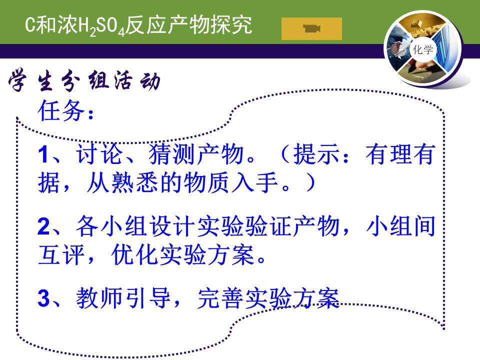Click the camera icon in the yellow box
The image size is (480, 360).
311,28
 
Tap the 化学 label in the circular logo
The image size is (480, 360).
423,49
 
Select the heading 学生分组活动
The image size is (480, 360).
84,81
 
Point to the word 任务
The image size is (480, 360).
61,111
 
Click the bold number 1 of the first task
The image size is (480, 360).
43,154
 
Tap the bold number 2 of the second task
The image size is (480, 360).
43,226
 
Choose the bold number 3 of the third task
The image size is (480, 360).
43,298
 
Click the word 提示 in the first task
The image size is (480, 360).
316,154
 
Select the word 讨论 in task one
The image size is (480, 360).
99,154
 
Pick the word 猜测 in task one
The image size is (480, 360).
172,154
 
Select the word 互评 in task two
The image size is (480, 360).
61,254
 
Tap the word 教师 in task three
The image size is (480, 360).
99,298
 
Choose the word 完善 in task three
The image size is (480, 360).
220,298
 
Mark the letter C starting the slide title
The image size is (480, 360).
30,24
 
